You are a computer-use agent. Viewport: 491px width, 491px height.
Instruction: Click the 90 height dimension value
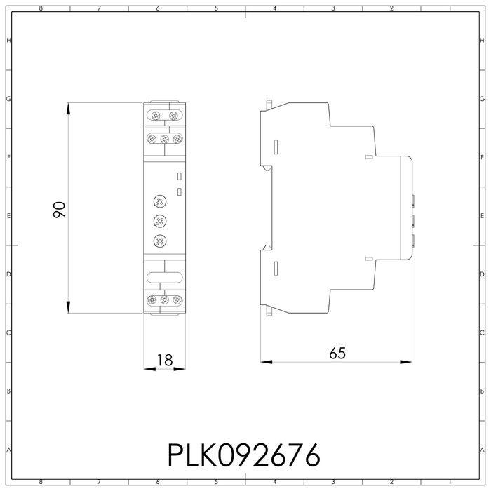(x=60, y=209)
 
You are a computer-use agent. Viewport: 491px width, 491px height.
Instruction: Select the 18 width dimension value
(x=164, y=360)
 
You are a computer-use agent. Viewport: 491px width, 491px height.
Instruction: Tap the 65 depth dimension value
(x=337, y=354)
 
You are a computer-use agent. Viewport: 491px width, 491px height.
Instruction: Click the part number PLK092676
(x=243, y=455)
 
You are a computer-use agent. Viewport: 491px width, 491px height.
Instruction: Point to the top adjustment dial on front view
(x=160, y=202)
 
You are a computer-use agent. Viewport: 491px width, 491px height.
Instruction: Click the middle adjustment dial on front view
(x=160, y=222)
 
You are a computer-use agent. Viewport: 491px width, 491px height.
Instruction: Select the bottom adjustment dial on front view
(x=160, y=242)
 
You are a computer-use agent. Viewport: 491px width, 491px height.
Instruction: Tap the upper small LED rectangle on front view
(x=180, y=177)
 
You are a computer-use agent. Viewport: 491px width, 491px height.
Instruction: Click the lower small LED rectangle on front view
(x=180, y=191)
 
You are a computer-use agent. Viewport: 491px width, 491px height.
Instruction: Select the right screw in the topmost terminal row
(x=173, y=114)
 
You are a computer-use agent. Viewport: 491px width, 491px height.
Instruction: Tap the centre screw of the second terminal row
(x=164, y=139)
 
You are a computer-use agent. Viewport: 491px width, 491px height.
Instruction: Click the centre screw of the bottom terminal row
(x=164, y=300)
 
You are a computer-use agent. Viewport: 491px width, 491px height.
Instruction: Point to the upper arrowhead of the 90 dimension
(x=68, y=109)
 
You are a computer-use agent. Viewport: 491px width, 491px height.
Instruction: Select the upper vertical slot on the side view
(x=276, y=147)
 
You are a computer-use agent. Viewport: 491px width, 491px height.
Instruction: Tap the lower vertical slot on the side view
(x=276, y=267)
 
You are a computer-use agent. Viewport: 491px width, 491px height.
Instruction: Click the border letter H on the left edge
(x=8, y=41)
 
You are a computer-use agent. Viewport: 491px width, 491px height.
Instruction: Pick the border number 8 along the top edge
(x=41, y=8)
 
